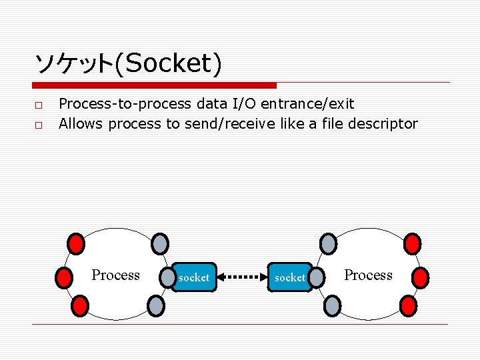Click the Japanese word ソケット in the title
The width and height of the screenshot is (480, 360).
73,64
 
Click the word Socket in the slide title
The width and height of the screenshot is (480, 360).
167,64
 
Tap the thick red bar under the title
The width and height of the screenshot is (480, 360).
154,85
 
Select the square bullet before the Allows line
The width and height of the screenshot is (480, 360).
39,125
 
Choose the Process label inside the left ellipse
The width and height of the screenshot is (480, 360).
115,275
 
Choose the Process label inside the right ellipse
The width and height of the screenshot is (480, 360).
368,275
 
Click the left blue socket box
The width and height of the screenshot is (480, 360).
194,277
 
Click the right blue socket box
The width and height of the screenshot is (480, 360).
290,277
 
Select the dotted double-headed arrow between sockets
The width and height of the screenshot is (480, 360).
242,276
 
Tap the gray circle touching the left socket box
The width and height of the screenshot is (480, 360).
165,277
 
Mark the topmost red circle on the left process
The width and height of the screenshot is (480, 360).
77,243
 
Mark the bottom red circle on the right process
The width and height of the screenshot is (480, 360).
408,306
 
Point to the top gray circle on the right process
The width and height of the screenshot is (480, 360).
329,243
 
